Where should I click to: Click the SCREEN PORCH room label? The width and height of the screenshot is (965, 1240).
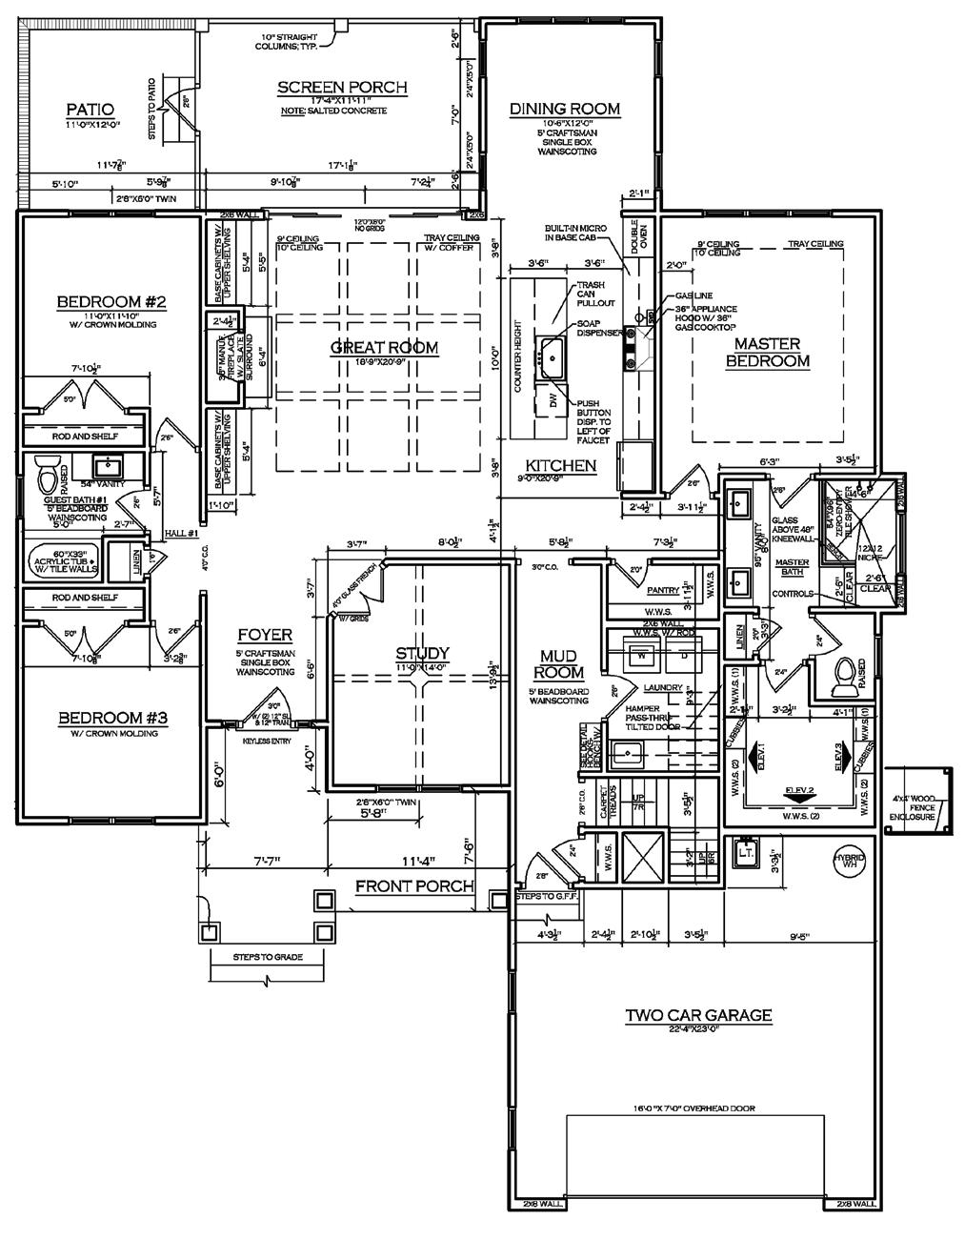click(342, 88)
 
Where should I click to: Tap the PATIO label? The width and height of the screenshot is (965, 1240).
click(90, 109)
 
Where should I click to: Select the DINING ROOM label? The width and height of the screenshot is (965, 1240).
click(565, 109)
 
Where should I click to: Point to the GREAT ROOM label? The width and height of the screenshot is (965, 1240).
click(385, 347)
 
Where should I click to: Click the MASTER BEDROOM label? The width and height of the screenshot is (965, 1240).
click(768, 352)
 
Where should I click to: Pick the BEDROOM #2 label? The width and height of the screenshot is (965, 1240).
click(112, 302)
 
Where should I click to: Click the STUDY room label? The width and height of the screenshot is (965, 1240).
click(422, 653)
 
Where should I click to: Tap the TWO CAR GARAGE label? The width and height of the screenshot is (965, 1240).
click(698, 1015)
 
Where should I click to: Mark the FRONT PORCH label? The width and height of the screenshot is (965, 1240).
click(414, 886)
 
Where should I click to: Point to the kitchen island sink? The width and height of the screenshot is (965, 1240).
click(551, 356)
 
